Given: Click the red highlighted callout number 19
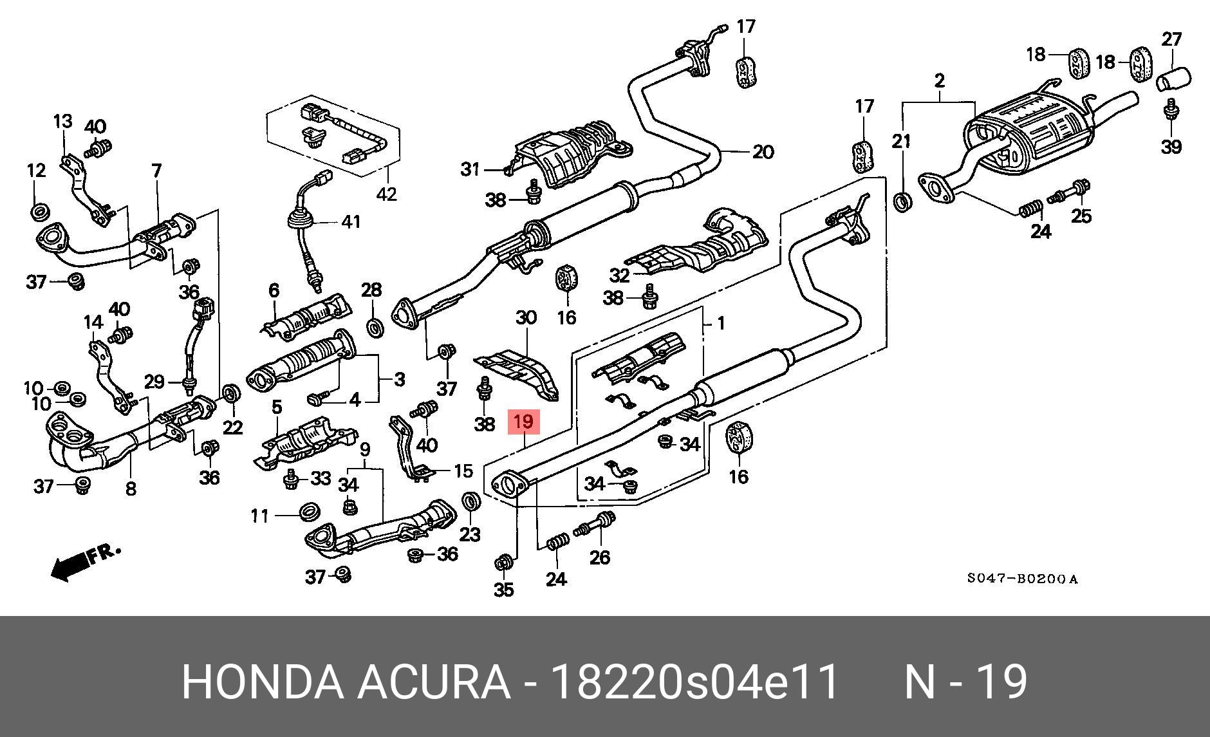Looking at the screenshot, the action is tap(523, 422).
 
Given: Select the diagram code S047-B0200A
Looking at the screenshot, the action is tap(1022, 579).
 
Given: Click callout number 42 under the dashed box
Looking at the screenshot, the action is tap(387, 193).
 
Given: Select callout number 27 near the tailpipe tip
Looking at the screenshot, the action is tap(1171, 40).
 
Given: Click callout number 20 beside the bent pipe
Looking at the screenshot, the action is tap(763, 153).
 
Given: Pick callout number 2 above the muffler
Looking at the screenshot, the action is tap(939, 81).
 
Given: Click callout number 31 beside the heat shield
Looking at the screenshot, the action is tap(470, 169).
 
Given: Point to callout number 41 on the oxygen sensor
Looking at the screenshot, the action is tap(351, 222).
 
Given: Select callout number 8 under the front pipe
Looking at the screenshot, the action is tap(131, 489).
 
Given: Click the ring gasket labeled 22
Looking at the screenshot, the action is tap(231, 392).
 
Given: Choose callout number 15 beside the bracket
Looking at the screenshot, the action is tap(463, 471).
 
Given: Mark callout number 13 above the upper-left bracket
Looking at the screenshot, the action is tap(63, 121).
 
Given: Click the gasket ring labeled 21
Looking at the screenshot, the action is tap(903, 202).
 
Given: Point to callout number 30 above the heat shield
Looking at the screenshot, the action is tap(526, 317).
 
